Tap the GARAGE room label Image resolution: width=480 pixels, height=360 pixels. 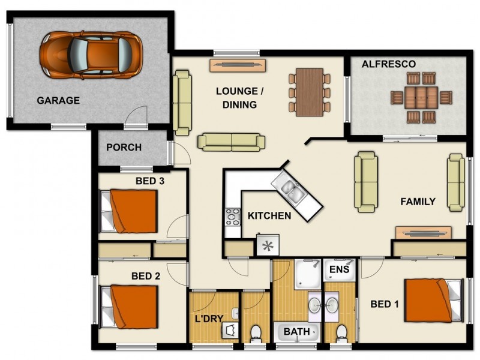(x=58, y=100)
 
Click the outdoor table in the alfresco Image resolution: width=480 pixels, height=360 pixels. (x=421, y=97)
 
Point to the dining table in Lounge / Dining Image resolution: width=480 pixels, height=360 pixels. (x=310, y=92)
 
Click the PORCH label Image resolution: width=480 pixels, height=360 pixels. (x=124, y=147)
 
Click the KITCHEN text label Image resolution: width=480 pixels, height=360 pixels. (x=269, y=215)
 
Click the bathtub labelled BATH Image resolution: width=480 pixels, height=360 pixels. (x=297, y=331)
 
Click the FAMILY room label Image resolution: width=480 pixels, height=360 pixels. (x=418, y=202)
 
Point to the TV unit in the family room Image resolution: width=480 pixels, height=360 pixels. (x=423, y=233)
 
